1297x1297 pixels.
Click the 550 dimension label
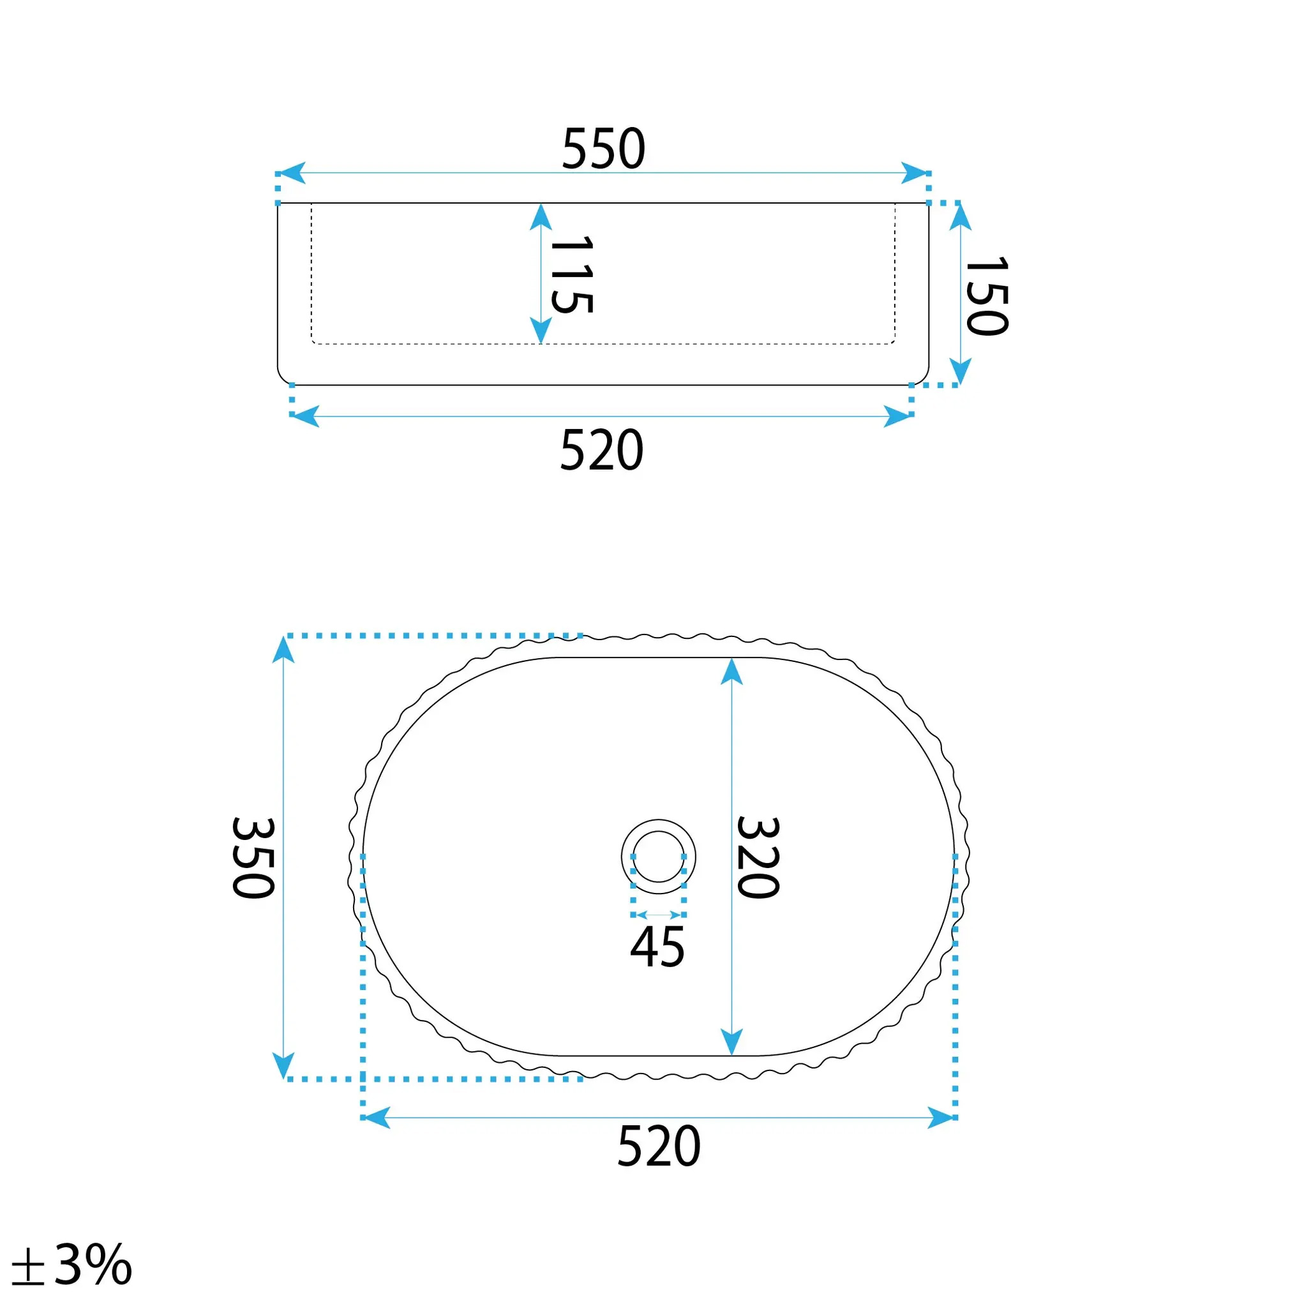[604, 148]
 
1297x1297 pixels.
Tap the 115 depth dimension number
[572, 274]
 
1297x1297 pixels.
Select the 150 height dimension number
[987, 296]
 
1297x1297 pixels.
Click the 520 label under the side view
[601, 450]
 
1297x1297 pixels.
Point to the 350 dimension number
[253, 857]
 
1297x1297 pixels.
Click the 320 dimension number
[758, 857]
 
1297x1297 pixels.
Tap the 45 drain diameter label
[657, 947]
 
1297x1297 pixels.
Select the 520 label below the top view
[659, 1146]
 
